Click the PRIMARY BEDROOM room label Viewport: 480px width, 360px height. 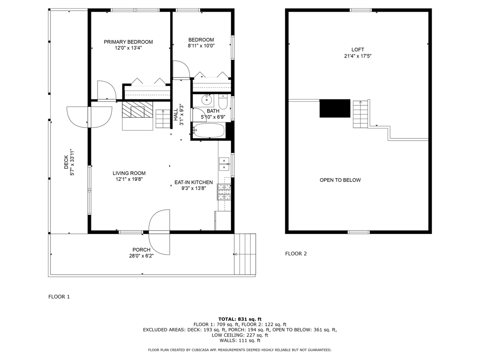[x=128, y=42]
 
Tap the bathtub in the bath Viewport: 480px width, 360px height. [x=209, y=130]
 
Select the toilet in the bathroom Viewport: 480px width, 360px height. [x=223, y=102]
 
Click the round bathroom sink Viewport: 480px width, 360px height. [x=207, y=100]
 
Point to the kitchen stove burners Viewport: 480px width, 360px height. [x=224, y=192]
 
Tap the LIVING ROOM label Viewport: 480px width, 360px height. [x=129, y=173]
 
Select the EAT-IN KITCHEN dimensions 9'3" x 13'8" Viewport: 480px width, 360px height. [x=194, y=188]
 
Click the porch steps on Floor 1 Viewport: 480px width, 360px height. [x=245, y=254]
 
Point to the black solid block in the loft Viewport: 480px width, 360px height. [x=335, y=108]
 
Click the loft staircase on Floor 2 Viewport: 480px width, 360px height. [x=360, y=114]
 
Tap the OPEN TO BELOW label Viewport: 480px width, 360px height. [x=340, y=180]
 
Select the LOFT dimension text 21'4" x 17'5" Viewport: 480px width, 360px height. [x=358, y=56]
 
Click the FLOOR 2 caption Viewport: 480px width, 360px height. [x=296, y=254]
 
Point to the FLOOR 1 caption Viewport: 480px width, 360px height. [x=59, y=297]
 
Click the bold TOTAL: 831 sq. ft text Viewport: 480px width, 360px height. [x=240, y=319]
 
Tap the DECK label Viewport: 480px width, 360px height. [x=66, y=162]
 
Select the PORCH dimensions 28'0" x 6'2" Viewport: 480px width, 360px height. [x=141, y=256]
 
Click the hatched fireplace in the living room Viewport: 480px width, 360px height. [x=137, y=109]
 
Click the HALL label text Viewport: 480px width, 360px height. [x=176, y=115]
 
